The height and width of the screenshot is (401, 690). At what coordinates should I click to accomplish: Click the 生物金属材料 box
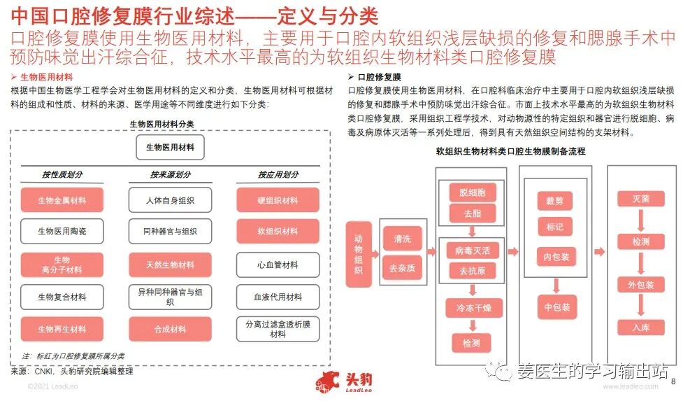pyautogui.click(x=62, y=200)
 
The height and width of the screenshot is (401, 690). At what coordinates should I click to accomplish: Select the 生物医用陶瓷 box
pyautogui.click(x=62, y=231)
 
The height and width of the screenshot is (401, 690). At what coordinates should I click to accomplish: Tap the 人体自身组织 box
pyautogui.click(x=170, y=200)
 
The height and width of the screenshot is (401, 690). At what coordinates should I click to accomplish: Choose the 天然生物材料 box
pyautogui.click(x=170, y=265)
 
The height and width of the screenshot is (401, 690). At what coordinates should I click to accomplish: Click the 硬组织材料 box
pyautogui.click(x=278, y=200)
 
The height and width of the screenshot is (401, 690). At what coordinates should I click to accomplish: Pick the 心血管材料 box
pyautogui.click(x=278, y=265)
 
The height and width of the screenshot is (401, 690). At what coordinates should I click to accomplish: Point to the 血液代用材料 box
pyautogui.click(x=278, y=297)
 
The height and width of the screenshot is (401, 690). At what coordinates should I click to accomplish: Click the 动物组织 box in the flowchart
pyautogui.click(x=359, y=254)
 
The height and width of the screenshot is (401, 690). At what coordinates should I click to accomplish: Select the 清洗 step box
pyautogui.click(x=402, y=239)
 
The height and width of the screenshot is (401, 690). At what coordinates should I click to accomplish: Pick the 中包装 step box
pyautogui.click(x=556, y=307)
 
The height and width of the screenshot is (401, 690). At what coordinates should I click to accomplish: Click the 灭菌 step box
pyautogui.click(x=640, y=199)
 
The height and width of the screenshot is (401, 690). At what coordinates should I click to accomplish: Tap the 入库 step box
pyautogui.click(x=640, y=327)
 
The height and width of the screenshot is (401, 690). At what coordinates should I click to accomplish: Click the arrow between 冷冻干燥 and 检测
pyautogui.click(x=473, y=325)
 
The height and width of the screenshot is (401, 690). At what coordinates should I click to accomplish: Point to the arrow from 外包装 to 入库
pyautogui.click(x=640, y=307)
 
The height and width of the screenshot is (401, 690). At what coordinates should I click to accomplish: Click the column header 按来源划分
pyautogui.click(x=170, y=174)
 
